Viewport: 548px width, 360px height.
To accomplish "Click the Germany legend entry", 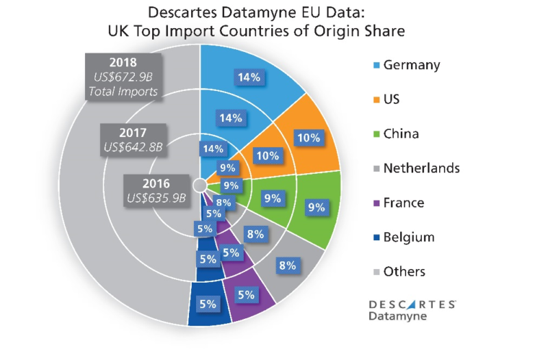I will (403, 65).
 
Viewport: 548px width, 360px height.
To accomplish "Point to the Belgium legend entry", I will (403, 237).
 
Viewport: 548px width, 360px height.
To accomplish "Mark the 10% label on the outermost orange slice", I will (309, 138).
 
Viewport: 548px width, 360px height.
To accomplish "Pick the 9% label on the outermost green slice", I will (316, 206).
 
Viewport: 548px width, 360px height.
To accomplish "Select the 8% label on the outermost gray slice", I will (287, 266).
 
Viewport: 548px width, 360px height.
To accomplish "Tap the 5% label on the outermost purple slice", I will (245, 295).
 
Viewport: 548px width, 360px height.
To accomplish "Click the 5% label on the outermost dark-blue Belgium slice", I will (208, 303).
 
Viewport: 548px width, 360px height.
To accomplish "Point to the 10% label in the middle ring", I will (266, 155).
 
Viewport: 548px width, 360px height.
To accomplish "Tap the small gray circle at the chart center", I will (199, 185).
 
